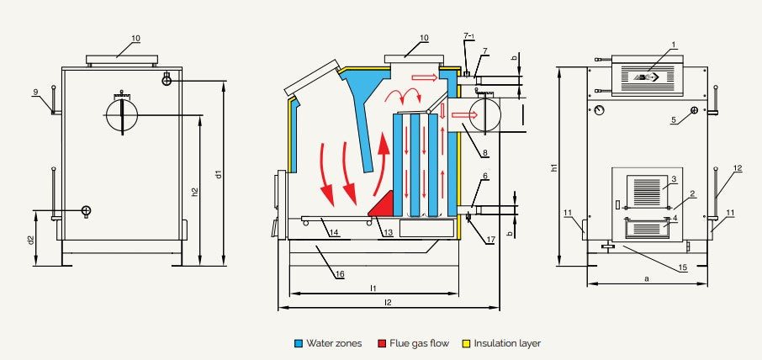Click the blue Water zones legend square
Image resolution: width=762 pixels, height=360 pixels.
(x=299, y=343)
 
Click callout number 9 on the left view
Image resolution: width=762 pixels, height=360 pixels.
(x=36, y=92)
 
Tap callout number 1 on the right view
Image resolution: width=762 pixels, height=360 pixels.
(x=674, y=43)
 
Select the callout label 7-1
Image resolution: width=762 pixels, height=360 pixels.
(x=469, y=36)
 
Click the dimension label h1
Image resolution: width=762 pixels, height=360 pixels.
(x=553, y=167)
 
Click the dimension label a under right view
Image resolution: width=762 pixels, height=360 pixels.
(x=646, y=276)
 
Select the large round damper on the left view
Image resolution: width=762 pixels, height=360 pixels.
(x=124, y=114)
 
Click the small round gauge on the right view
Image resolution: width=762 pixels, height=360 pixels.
(x=598, y=109)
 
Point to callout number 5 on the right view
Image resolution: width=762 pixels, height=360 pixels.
(x=674, y=120)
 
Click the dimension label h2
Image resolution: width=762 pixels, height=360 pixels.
(x=195, y=192)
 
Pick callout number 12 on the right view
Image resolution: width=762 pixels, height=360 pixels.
(x=737, y=168)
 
